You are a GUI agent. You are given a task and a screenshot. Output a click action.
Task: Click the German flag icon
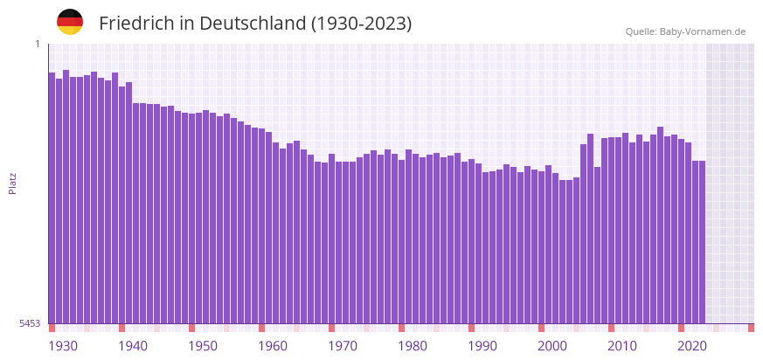[x=70, y=23]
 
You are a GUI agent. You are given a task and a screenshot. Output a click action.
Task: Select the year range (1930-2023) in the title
[x=361, y=24]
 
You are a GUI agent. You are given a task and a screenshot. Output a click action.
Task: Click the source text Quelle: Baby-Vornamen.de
[x=685, y=31]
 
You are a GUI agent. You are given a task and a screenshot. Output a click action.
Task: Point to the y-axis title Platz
[x=12, y=183]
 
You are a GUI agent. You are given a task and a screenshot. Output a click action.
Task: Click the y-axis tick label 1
[x=38, y=44]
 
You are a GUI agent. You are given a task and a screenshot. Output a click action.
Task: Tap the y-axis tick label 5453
[x=30, y=323]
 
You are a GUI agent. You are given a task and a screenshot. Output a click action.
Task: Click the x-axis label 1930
[x=63, y=346]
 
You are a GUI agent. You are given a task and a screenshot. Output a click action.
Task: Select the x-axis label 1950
[x=203, y=346]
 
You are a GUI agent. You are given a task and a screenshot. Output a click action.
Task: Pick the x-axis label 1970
[x=343, y=346]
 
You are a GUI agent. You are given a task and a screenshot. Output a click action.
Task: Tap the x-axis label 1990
[x=482, y=346]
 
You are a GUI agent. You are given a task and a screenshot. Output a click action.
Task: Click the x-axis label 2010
[x=622, y=346]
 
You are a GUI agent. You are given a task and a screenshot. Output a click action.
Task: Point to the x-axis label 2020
[x=692, y=346]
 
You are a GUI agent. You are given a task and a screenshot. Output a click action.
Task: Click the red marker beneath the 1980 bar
[x=401, y=328]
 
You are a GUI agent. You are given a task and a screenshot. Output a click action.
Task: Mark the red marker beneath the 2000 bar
[x=541, y=328]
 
